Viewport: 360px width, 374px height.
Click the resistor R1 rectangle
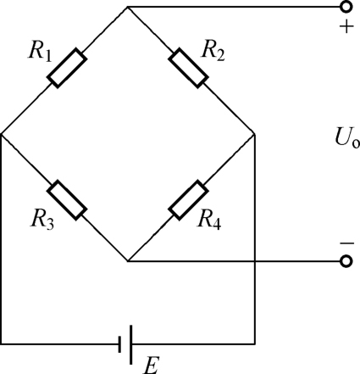67,68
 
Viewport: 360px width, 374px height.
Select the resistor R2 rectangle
188,68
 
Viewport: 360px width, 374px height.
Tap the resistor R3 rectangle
67,200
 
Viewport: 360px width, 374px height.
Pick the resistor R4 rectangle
188,200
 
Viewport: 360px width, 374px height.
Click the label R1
40,52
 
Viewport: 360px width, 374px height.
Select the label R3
42,219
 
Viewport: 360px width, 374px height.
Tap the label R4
209,219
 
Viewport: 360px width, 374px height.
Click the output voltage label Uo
347,137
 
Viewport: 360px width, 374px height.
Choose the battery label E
152,366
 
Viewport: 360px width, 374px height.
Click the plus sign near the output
346,26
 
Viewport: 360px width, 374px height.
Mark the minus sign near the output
346,243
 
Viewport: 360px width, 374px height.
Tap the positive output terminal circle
346,7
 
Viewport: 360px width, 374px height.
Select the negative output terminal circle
346,261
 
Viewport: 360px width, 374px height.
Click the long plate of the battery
130,344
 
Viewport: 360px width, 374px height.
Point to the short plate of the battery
119,344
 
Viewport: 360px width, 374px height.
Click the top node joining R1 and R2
128,7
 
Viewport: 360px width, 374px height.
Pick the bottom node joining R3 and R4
128,261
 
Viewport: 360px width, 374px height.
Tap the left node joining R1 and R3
2,134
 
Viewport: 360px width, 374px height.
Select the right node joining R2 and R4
255,134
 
